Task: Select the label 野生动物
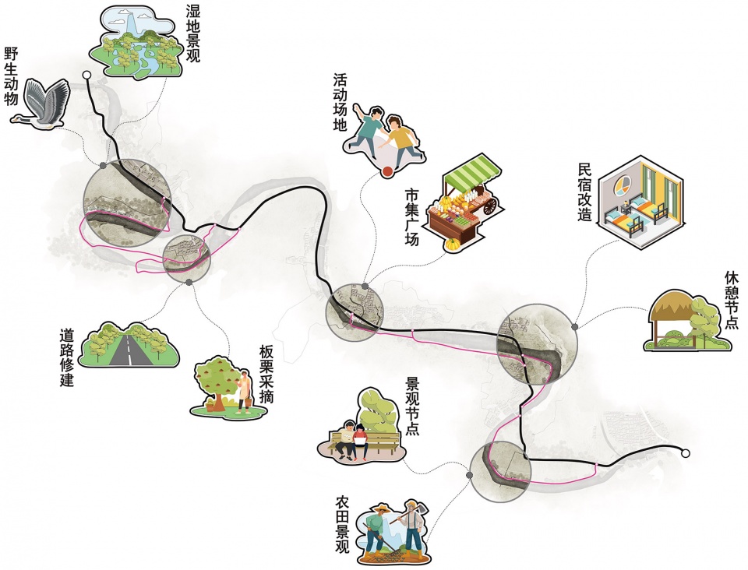11,76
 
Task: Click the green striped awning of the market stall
472,171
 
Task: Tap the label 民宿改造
585,192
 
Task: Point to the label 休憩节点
731,301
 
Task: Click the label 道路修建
67,357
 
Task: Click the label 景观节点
411,406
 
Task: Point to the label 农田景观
343,524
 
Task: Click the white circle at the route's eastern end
686,454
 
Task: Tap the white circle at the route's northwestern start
86,75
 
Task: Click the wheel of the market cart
490,206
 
